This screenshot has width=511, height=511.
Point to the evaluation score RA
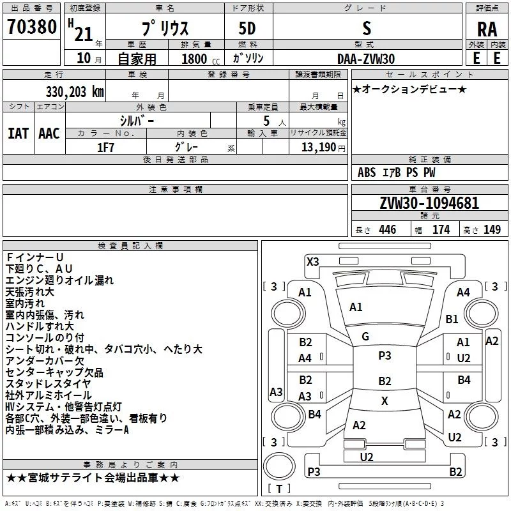point(487,30)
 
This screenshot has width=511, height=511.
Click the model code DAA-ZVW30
point(366,58)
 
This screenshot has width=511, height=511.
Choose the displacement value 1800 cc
point(195,59)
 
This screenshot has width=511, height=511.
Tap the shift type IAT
point(18,133)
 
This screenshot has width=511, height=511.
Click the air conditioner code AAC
point(49,133)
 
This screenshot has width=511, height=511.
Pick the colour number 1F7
point(105,146)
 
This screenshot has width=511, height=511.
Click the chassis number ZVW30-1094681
point(429,203)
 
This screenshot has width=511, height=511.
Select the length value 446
point(386,229)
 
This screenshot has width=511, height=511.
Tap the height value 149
point(492,229)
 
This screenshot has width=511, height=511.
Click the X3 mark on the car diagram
point(312,261)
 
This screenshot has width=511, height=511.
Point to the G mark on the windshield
point(365,337)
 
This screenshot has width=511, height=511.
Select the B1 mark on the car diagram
point(452,319)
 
